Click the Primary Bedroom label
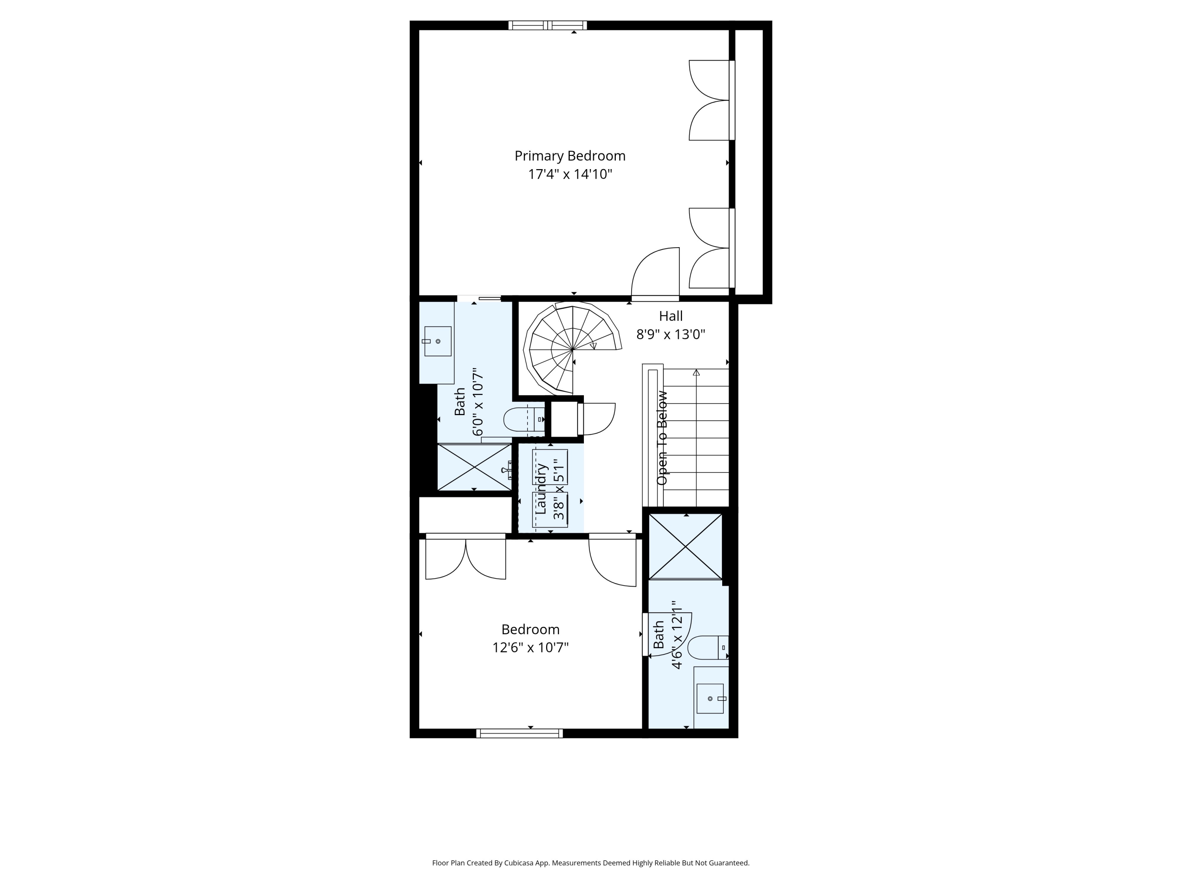click(x=570, y=156)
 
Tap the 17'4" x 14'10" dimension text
click(x=570, y=174)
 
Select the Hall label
click(x=671, y=316)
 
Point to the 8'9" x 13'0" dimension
click(x=671, y=335)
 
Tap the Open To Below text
click(x=662, y=438)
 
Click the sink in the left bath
click(x=438, y=341)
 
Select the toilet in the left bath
click(x=524, y=419)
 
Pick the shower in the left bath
click(x=474, y=467)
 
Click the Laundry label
click(x=541, y=489)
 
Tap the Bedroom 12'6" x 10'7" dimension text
click(x=530, y=647)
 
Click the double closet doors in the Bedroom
click(x=465, y=557)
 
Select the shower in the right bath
click(x=686, y=546)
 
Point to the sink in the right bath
click(x=710, y=698)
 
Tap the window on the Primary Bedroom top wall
click(x=547, y=25)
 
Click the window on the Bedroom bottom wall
click(x=519, y=734)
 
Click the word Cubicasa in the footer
click(x=521, y=833)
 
